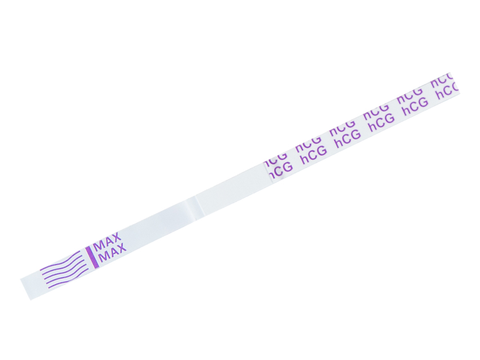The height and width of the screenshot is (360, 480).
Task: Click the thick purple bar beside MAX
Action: pyautogui.click(x=91, y=256)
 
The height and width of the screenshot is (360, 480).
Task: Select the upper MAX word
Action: pyautogui.click(x=107, y=241)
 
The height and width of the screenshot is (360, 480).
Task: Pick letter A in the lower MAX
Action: pyautogui.click(x=113, y=252)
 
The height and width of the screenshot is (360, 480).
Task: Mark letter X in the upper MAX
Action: pyautogui.click(x=116, y=237)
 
